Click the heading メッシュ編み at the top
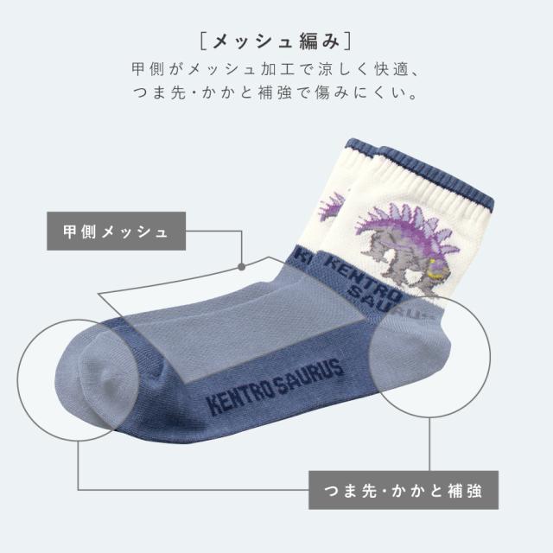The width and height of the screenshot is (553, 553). (276, 41)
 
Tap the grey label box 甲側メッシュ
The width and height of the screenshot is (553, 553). (117, 231)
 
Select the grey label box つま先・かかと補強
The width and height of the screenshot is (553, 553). (404, 490)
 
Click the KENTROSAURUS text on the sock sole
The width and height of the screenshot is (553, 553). (276, 385)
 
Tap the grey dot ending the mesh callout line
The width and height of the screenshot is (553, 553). (242, 267)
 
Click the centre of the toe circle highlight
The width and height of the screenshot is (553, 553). (79, 380)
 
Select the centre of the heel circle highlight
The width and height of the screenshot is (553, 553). (429, 356)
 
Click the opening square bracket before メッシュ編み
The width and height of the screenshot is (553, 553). (203, 41)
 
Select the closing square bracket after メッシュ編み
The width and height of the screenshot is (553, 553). (348, 41)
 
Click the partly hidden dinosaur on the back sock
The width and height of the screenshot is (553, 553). (332, 207)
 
